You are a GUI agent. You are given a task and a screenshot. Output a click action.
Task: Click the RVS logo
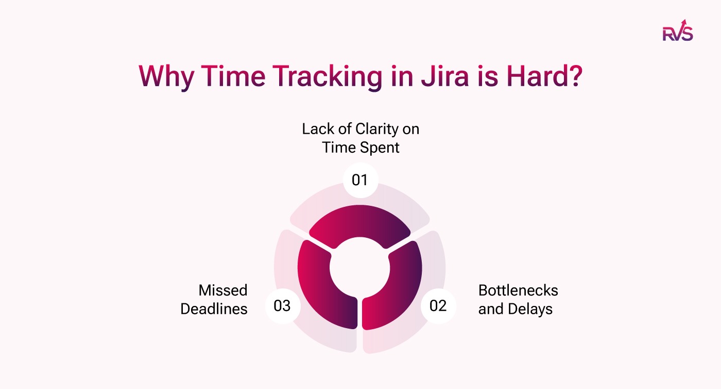tap(677, 31)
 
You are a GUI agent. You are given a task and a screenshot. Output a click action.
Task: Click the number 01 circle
tap(360, 180)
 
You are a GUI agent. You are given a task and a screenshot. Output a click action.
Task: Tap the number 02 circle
tap(438, 306)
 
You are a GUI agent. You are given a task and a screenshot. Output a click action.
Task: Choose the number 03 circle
tap(282, 306)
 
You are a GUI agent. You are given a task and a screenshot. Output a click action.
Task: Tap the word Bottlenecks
tap(518, 290)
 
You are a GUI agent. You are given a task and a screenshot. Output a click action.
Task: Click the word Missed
tap(223, 290)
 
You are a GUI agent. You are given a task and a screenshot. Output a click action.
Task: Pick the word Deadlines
tap(214, 309)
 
